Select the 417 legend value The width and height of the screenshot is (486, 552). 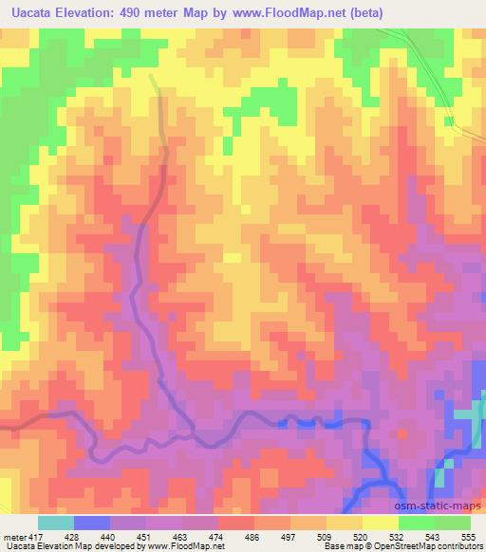click(33, 537)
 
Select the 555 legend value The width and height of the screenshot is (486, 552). click(468, 537)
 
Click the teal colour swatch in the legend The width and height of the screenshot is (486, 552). click(55, 523)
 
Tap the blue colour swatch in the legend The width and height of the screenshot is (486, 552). click(91, 523)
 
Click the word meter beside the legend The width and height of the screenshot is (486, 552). click(13, 537)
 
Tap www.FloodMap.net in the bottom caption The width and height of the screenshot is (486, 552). click(181, 547)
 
